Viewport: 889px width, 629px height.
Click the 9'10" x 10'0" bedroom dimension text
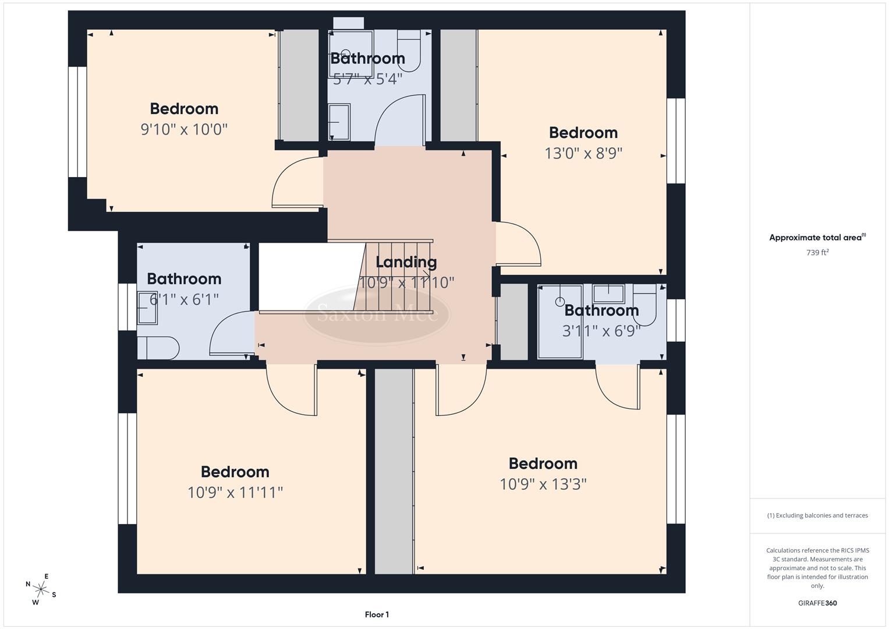click(x=184, y=129)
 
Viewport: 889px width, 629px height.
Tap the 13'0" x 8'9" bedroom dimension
click(x=583, y=153)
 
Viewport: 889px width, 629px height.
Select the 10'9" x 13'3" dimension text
click(x=543, y=484)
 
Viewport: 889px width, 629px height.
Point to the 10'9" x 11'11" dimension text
click(x=235, y=493)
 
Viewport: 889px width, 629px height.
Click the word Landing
click(x=406, y=262)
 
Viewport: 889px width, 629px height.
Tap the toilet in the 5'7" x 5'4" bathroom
click(x=409, y=49)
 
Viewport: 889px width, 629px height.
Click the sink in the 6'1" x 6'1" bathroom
click(x=147, y=308)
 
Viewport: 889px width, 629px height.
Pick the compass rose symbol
click(x=41, y=588)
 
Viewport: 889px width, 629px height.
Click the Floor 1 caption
click(x=377, y=614)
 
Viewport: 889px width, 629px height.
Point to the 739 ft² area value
click(x=817, y=253)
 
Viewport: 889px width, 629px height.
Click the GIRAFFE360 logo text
click(x=817, y=603)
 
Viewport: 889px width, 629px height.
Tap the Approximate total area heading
click(x=817, y=238)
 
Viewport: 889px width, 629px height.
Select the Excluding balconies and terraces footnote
click(x=817, y=515)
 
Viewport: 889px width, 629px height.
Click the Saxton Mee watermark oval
click(x=377, y=314)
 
